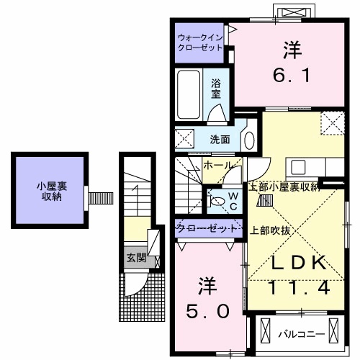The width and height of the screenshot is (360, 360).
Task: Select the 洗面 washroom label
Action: click(220, 139)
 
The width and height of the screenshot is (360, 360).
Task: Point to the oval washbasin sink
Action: click(249, 139)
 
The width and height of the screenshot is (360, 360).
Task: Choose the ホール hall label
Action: click(218, 166)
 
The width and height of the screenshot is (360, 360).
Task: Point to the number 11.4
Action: click(300, 288)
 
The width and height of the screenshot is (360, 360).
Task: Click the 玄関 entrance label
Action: click(136, 258)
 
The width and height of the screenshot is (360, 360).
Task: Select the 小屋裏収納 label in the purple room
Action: click(50, 192)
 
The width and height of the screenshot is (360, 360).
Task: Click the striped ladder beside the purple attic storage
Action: click(102, 196)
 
